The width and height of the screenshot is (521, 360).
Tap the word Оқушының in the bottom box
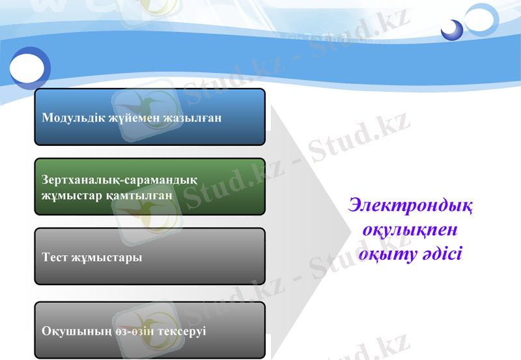pos(70,331)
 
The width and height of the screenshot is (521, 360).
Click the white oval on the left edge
pos(27,67)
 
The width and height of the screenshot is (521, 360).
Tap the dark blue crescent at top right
pos(451,29)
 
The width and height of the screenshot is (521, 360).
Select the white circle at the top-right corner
pos(483,18)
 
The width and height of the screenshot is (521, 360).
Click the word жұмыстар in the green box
pos(69,195)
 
